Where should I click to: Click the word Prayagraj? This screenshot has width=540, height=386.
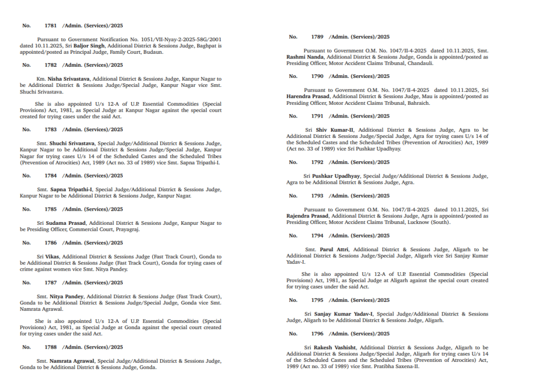coord(127,230)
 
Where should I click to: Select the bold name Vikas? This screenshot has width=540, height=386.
coord(52,256)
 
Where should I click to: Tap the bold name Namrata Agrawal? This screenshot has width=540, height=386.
coord(72,361)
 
